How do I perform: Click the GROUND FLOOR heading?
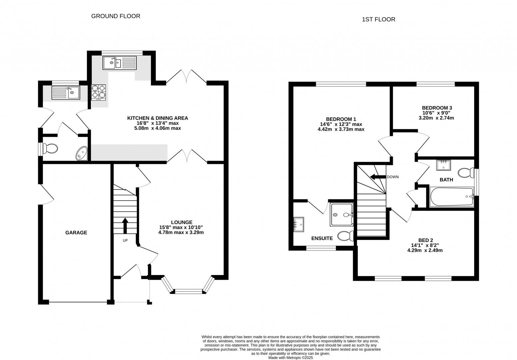click(x=116, y=16)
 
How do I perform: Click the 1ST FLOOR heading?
click(x=378, y=19)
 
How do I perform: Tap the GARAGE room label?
click(x=76, y=233)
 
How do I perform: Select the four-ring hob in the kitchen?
click(x=99, y=92)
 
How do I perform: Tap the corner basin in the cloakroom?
click(x=82, y=154)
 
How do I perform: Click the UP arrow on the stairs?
click(x=125, y=226)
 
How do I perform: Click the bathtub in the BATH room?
click(x=452, y=196)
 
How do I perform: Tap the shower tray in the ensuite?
click(x=342, y=215)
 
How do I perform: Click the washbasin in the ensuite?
click(x=298, y=225)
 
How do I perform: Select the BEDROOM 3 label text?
click(x=437, y=108)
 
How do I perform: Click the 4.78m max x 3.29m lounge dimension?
click(x=181, y=232)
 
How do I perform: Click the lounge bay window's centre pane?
click(x=189, y=292)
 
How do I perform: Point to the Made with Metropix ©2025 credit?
click(x=291, y=358)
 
